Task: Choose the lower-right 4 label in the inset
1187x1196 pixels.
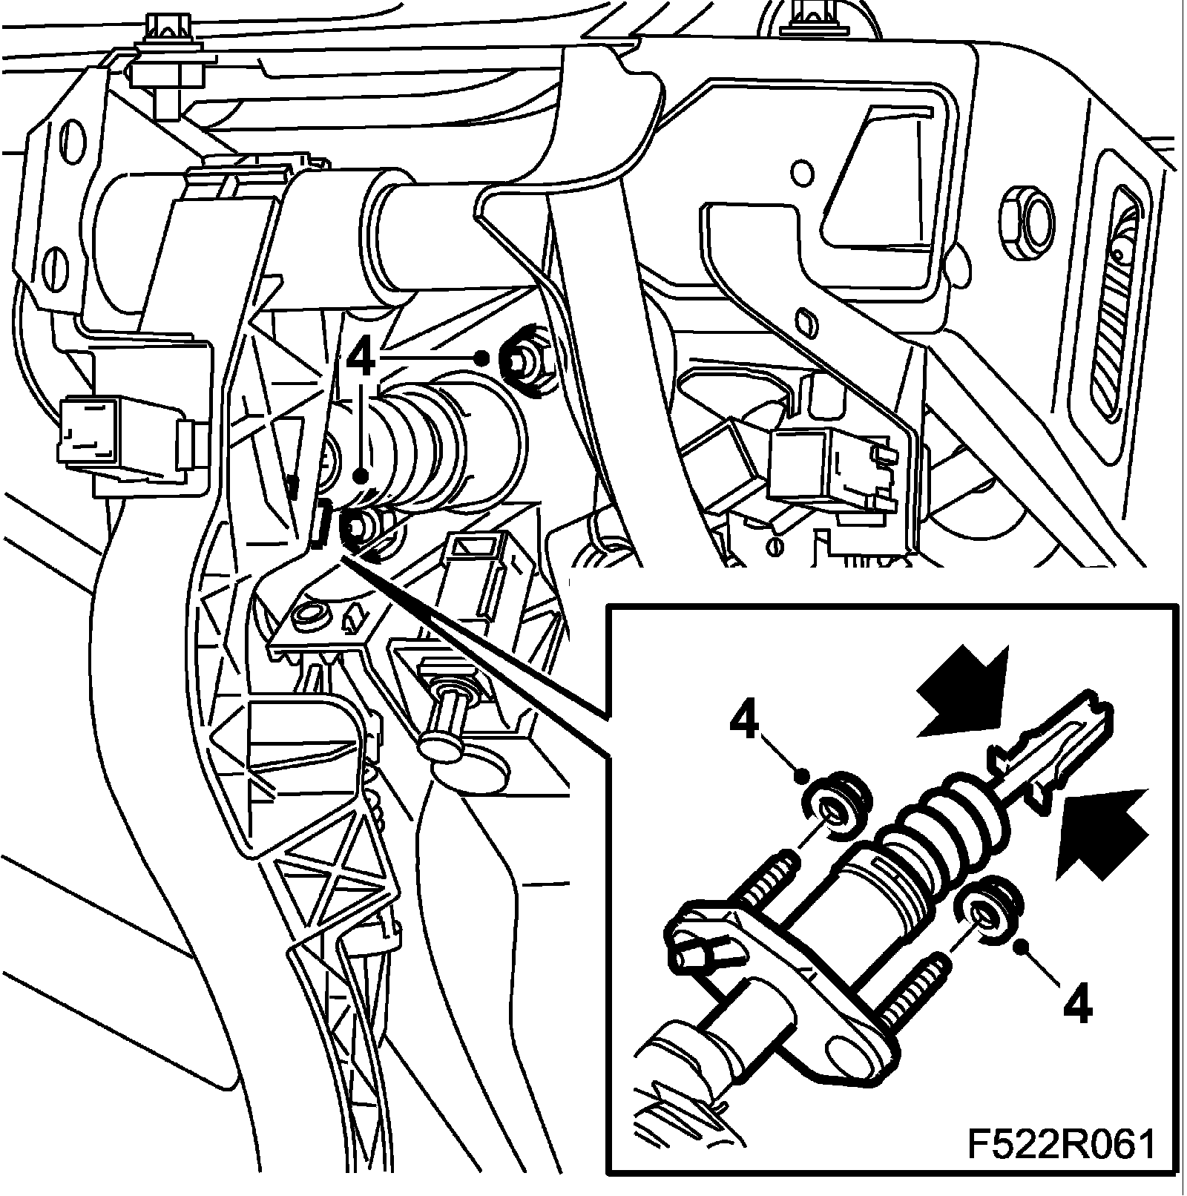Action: click(1076, 1005)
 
